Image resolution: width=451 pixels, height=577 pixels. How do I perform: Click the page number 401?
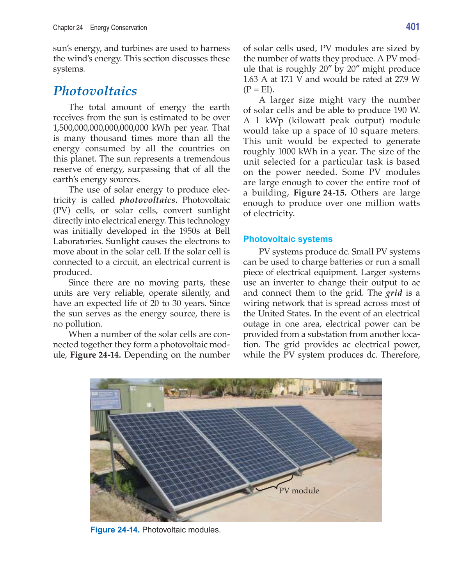[x=412, y=27]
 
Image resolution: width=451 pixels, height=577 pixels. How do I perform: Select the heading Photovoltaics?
[x=95, y=91]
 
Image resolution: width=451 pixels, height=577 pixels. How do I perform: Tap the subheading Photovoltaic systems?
[x=288, y=239]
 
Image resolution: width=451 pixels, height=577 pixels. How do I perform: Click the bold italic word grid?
[x=394, y=293]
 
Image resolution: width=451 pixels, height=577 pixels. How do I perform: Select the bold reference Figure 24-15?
[x=320, y=193]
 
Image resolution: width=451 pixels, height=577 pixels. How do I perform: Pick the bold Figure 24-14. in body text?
[x=95, y=355]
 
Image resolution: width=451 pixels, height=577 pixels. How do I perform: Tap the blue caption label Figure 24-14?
[x=115, y=530]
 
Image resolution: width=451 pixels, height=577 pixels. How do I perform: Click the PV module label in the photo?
[x=299, y=491]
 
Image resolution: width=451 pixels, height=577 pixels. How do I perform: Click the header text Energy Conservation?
[x=119, y=28]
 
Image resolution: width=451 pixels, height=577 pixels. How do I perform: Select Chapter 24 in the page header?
[x=68, y=28]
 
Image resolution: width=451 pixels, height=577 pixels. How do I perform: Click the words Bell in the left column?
[x=222, y=231]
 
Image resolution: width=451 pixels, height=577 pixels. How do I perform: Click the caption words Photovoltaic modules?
[x=181, y=530]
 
